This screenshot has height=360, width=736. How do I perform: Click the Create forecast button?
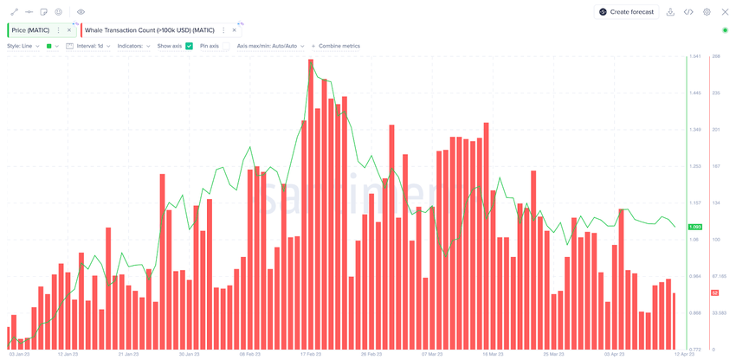tap(627, 12)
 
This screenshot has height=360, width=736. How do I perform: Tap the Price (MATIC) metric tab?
tap(30, 30)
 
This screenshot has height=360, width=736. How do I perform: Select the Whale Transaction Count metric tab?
tap(149, 30)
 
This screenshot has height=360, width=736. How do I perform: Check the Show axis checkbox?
tap(189, 46)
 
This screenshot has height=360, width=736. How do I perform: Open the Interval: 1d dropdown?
tap(90, 46)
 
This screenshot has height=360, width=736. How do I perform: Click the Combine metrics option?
tap(339, 46)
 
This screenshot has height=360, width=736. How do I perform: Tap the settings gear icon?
tap(707, 12)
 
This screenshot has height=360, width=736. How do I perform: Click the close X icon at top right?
tap(725, 12)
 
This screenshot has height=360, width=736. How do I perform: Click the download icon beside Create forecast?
tap(671, 12)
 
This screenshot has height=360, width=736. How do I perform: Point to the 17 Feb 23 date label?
tap(310, 354)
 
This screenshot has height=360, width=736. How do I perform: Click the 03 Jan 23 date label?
tap(19, 354)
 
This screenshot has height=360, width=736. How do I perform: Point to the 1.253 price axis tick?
tap(694, 166)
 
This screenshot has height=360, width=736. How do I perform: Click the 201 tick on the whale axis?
tap(716, 130)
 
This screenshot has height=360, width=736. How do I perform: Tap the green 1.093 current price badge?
tap(694, 227)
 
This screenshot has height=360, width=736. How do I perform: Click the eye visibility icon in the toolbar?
tap(81, 12)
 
